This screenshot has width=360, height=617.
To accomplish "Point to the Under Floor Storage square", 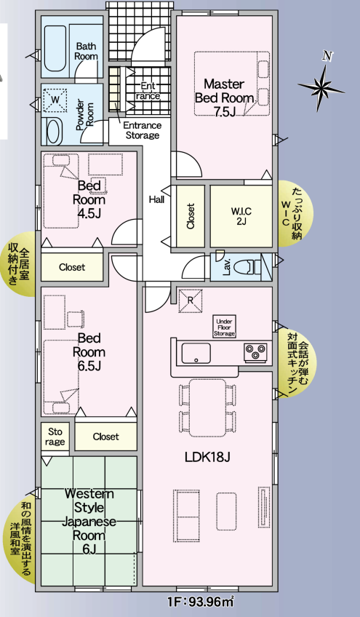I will [x=224, y=325].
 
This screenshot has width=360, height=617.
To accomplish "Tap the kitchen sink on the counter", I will [x=196, y=354].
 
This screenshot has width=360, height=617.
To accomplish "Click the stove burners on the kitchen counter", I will [x=255, y=353].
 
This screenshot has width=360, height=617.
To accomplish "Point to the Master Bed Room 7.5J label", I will [x=224, y=97].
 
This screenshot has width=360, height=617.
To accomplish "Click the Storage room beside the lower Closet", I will [x=54, y=436].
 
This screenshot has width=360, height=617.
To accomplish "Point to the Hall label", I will [x=156, y=199].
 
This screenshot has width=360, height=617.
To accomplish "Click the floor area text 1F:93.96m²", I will [x=199, y=602].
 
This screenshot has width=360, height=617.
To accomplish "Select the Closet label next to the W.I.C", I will [x=191, y=216].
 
